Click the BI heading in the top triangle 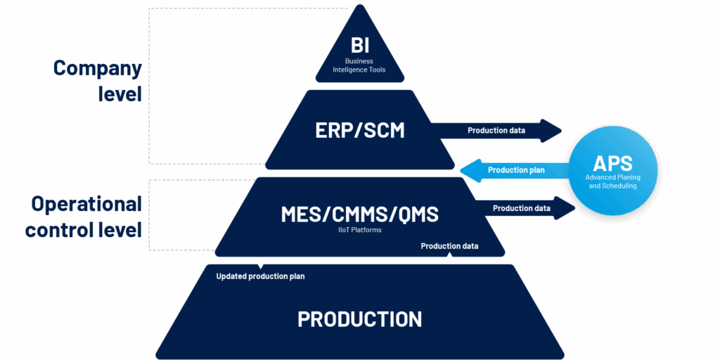[359, 46]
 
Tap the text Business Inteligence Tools [359, 65]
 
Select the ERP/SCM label [360, 130]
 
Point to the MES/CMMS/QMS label [359, 214]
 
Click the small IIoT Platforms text [360, 230]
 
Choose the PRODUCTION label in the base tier [359, 319]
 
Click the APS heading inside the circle [612, 163]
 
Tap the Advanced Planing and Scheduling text [612, 181]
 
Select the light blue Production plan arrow [515, 170]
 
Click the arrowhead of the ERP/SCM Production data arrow [551, 131]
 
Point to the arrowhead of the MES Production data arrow [565, 208]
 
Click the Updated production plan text [260, 276]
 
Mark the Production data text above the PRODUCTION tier [449, 246]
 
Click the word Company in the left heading [97, 68]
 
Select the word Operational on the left [86, 204]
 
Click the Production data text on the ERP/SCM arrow [496, 130]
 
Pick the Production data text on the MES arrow [522, 208]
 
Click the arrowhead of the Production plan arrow [470, 170]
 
